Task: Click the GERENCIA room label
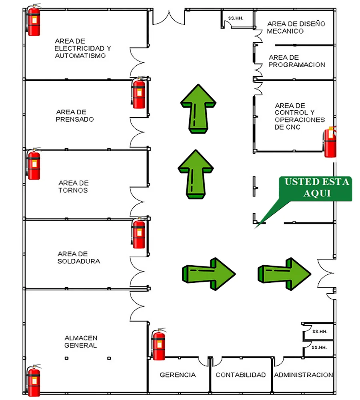[x=178, y=375]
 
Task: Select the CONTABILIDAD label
[x=240, y=375]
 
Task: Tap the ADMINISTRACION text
[x=303, y=375]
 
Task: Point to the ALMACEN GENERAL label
[x=81, y=342]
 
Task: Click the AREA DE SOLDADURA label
[x=78, y=258]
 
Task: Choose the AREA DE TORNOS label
[x=73, y=186]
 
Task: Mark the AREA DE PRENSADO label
[x=75, y=116]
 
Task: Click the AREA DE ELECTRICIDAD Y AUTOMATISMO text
[x=82, y=48]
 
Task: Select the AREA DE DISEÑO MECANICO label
[x=296, y=27]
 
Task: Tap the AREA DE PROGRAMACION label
[x=296, y=61]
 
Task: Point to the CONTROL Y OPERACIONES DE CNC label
[x=300, y=116]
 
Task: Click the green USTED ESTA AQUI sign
[x=316, y=188]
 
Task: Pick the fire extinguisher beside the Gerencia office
[x=158, y=344]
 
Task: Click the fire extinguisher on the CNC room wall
[x=330, y=142]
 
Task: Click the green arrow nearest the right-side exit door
[x=284, y=274]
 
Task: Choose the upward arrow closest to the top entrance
[x=198, y=108]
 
